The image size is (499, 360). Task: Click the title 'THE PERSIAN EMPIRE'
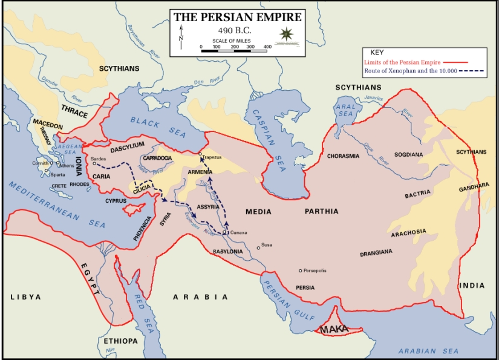[237, 17]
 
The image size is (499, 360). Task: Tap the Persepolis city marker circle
[301, 270]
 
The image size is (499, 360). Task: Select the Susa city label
[267, 246]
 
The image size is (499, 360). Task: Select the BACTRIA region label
[418, 193]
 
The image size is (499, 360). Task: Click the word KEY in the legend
[376, 53]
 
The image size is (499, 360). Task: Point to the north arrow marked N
[180, 38]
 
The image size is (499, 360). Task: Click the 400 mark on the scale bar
[267, 47]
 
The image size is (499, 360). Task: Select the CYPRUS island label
[116, 200]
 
